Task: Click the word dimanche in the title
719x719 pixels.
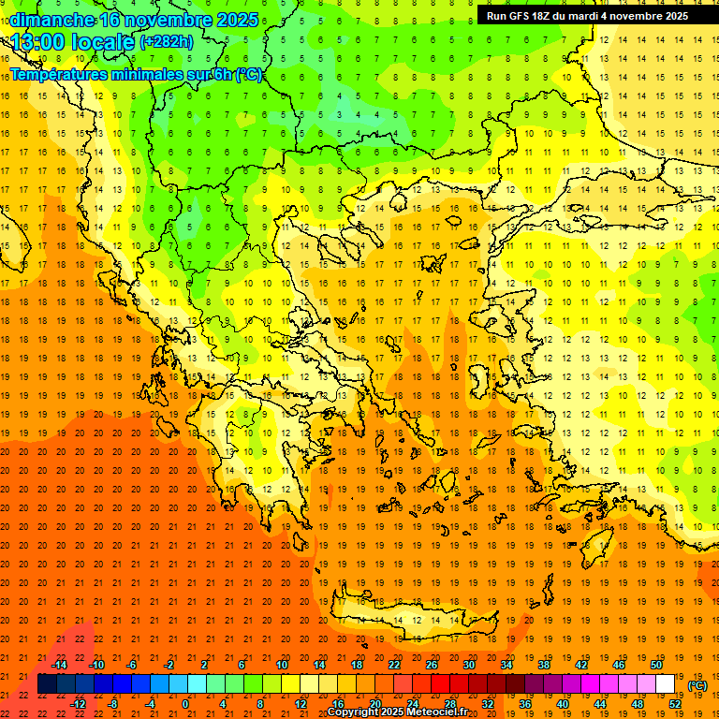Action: pos(52,20)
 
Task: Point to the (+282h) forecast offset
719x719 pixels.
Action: pos(167,42)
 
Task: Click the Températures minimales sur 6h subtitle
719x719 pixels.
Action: pos(136,75)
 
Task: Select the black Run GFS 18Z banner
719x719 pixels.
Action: pos(587,16)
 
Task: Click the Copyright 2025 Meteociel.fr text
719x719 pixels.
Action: pos(397,712)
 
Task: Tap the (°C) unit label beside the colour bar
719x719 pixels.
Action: pos(697,685)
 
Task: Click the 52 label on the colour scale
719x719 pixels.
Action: pos(675,704)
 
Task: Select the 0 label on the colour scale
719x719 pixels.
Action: pos(185,704)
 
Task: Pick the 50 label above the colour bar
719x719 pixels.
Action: pos(656,665)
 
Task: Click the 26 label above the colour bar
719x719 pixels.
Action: pos(432,665)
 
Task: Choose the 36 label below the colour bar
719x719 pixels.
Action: pos(525,704)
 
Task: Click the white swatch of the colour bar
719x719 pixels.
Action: pos(666,684)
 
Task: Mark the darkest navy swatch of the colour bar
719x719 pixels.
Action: pos(47,684)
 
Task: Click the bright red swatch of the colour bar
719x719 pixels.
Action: pos(441,684)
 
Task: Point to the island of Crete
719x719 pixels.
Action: pos(412,619)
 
